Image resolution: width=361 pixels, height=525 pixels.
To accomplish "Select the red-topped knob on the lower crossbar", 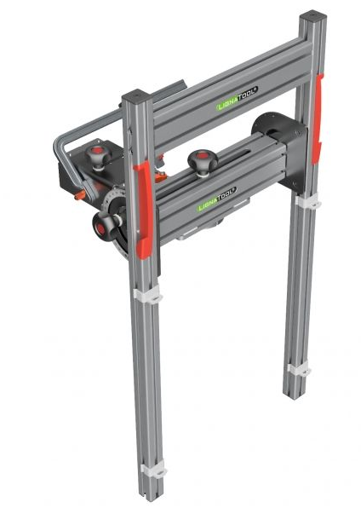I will coord(202,160).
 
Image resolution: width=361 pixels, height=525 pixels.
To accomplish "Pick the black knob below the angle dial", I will coord(105,224).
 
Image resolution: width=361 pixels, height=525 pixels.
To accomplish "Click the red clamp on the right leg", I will coord(318,118).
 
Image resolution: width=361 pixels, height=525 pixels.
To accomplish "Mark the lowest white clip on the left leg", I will coord(153,470).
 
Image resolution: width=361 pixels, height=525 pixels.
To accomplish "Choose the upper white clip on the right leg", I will coord(307,203).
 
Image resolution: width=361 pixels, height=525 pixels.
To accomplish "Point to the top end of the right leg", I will coord(312,17).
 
